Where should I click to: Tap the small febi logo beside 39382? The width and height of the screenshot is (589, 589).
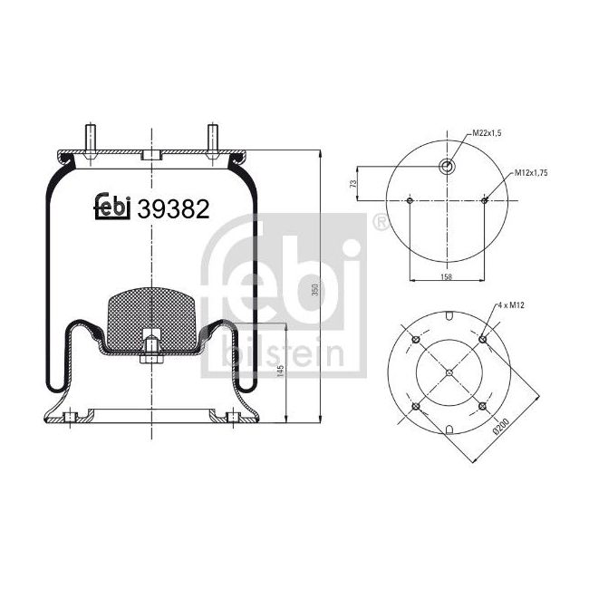[x=113, y=208]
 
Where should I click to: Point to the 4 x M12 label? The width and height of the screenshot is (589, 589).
[x=512, y=307]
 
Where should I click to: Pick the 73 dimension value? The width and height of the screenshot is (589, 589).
[x=352, y=184]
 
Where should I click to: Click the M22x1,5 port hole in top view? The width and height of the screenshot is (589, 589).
[x=448, y=166]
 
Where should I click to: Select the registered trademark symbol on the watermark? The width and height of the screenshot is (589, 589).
[x=379, y=221]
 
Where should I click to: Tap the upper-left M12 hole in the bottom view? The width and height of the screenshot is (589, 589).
[x=416, y=339]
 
